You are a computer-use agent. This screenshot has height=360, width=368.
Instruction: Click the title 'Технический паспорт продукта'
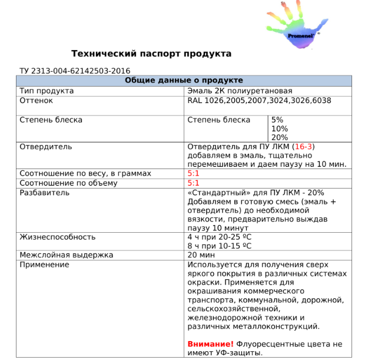coord(151,54)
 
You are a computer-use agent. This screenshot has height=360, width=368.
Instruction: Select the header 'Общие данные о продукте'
coord(184,81)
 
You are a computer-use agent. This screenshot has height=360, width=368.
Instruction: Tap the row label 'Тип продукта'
coord(47,91)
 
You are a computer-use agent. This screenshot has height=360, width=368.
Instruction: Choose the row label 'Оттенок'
coord(37,101)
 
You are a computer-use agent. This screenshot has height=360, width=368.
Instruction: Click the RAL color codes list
coord(259,101)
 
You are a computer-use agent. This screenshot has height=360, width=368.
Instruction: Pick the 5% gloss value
coord(277,120)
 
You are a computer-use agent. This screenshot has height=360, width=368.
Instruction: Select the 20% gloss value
coord(279,137)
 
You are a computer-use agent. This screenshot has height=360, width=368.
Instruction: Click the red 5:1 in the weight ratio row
coord(193,174)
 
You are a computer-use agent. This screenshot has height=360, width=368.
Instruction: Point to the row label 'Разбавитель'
coord(45,192)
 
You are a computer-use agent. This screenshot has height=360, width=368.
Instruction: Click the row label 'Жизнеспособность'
coord(58,237)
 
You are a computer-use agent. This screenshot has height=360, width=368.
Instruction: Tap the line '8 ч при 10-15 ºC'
coord(220,246)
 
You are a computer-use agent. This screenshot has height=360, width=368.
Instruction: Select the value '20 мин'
coord(201,255)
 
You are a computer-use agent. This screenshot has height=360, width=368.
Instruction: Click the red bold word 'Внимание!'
coord(210,344)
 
